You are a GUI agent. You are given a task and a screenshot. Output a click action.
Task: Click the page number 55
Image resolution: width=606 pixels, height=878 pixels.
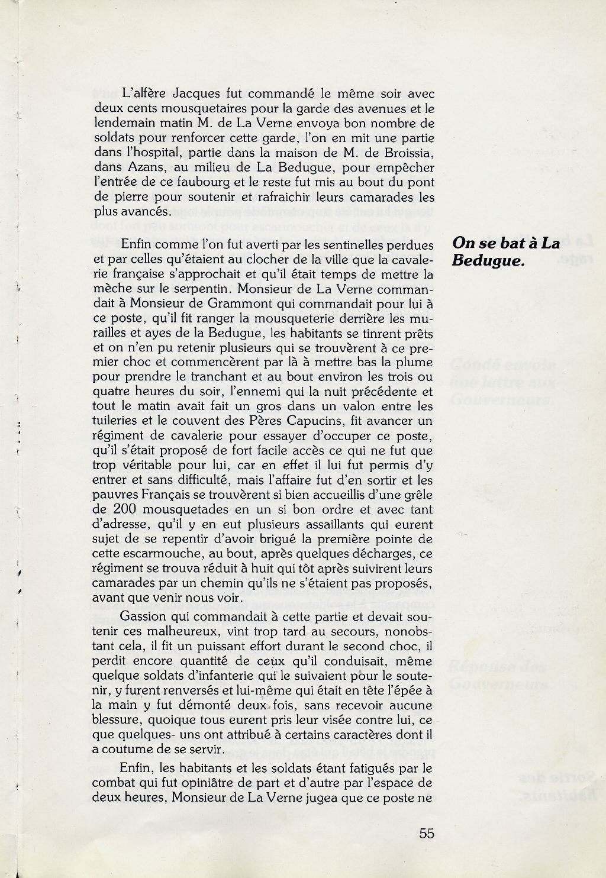[427, 833]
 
